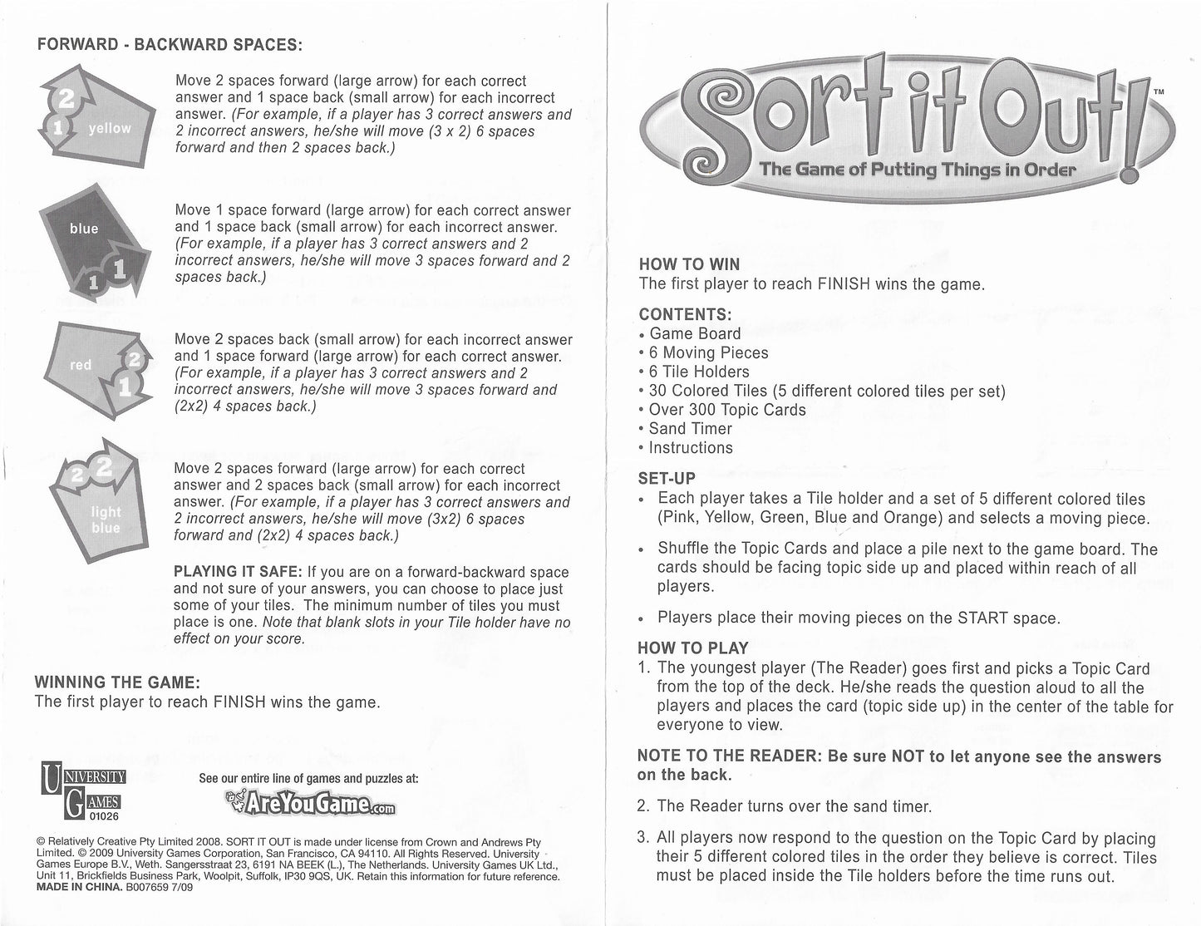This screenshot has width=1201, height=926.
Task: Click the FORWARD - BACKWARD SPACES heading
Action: point(170,45)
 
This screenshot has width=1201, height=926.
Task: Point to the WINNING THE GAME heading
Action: point(116,682)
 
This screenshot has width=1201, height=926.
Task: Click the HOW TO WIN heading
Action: point(689,264)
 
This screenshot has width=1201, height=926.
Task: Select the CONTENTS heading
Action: point(686,314)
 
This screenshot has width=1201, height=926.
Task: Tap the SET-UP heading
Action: point(667,479)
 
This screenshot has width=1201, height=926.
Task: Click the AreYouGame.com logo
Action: point(310,803)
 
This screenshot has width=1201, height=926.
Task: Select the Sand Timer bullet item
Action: point(690,429)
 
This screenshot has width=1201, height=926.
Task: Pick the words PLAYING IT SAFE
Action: point(238,572)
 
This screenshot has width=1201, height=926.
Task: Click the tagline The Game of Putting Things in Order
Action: point(917,170)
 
